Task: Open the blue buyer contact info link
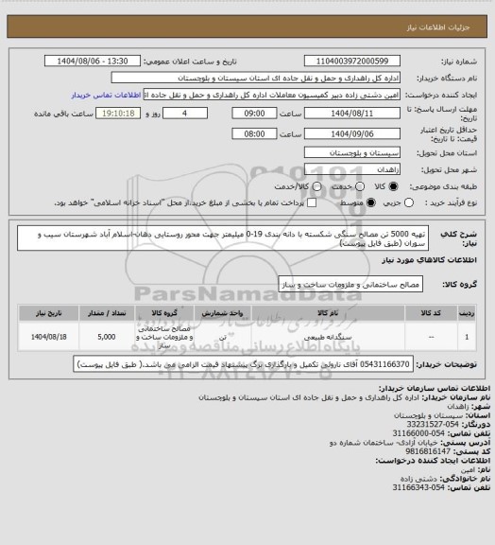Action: coord(99,96)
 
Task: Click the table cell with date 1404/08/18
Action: coord(44,336)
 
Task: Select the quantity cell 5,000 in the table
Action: coord(107,336)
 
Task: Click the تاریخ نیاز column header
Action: coord(44,311)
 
